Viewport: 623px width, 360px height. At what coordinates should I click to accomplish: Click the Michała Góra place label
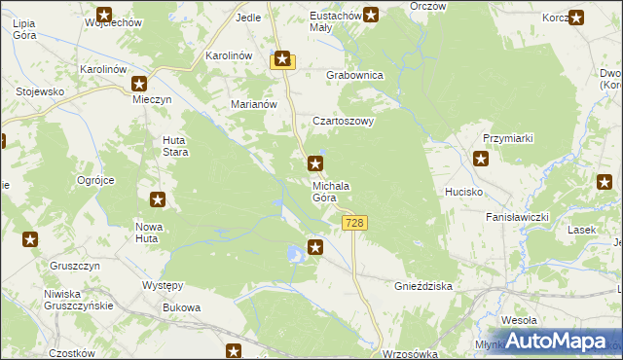[x=331, y=192]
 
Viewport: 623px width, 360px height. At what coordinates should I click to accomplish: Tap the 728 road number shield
[x=355, y=224]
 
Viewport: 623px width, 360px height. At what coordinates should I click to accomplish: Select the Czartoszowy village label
[x=343, y=122]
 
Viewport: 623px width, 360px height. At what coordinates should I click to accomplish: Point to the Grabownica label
[x=355, y=75]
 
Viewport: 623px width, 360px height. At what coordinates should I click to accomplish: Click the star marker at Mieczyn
[x=139, y=84]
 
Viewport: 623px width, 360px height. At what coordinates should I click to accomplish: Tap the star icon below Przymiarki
[x=481, y=159]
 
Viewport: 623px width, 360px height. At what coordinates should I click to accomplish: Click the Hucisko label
[x=464, y=193]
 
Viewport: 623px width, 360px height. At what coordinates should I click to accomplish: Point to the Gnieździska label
[x=423, y=288]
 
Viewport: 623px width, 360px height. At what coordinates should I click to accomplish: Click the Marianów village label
[x=254, y=105]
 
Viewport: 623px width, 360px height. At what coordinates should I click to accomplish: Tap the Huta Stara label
[x=174, y=146]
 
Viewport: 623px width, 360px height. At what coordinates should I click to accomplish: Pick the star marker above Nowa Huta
[x=158, y=199]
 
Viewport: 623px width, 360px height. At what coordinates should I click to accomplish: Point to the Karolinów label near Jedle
[x=230, y=55]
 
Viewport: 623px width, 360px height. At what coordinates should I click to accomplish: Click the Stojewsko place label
[x=40, y=91]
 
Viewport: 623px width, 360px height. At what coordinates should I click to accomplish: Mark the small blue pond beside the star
[x=294, y=254]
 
